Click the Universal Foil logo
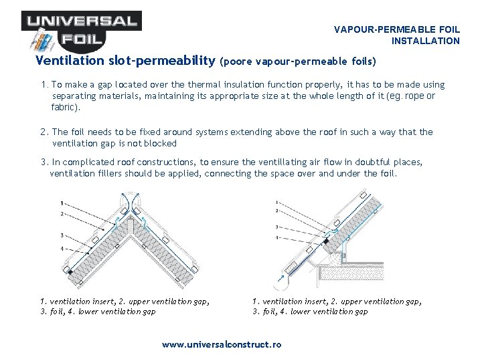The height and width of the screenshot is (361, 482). pyautogui.click(x=80, y=30)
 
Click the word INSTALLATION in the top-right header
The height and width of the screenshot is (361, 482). pyautogui.click(x=426, y=41)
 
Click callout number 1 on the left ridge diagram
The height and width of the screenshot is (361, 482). pyautogui.click(x=62, y=203)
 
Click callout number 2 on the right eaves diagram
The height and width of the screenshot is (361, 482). pyautogui.click(x=277, y=210)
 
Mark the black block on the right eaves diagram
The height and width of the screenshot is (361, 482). pyautogui.click(x=326, y=240)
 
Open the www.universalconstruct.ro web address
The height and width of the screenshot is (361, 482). pyautogui.click(x=222, y=345)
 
